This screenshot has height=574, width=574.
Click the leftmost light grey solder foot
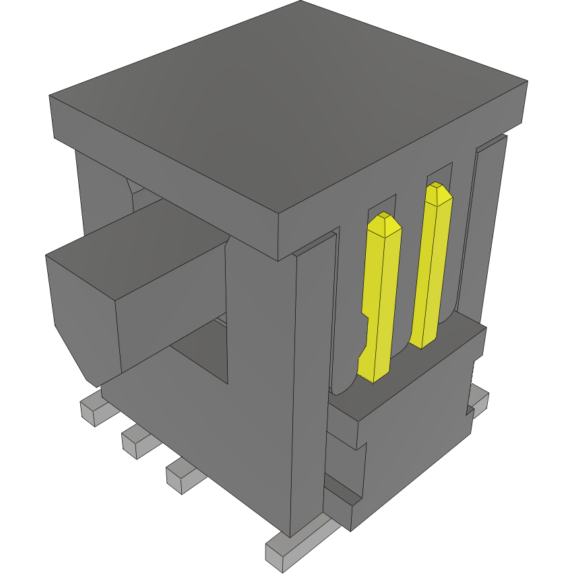(92, 411)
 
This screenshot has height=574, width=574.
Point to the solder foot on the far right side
(480, 401)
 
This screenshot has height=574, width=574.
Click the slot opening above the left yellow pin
(381, 207)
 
